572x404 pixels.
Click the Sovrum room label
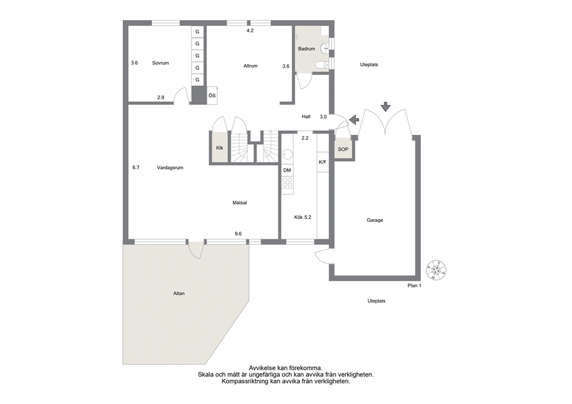(x=160, y=63)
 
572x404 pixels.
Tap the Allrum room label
(x=251, y=66)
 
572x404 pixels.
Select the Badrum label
(x=306, y=49)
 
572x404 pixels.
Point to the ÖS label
(x=212, y=96)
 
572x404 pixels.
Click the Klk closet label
(x=220, y=148)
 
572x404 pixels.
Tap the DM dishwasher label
(x=287, y=170)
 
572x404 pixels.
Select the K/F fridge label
(x=322, y=162)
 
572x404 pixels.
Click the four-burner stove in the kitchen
(x=288, y=182)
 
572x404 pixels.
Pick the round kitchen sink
(x=287, y=154)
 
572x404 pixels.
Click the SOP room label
(x=343, y=149)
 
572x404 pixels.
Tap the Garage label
(x=375, y=220)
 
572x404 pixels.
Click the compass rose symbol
(x=436, y=270)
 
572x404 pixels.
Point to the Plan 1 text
(x=415, y=285)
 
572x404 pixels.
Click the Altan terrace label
(x=179, y=293)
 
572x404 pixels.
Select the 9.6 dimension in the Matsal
(x=238, y=234)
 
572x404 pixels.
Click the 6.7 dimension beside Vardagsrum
(x=136, y=168)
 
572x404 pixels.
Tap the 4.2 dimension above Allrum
(x=250, y=31)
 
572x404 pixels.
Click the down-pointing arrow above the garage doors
(x=386, y=107)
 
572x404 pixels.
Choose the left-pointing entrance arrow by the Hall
(x=354, y=119)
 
